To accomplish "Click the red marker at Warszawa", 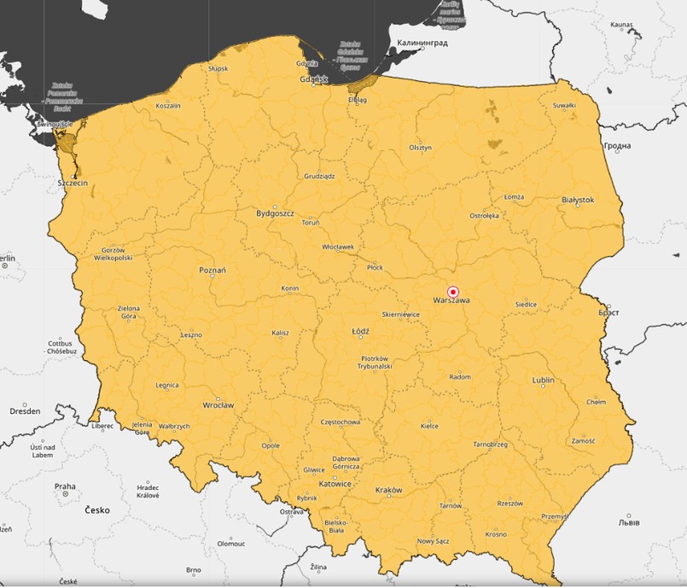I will (453, 291).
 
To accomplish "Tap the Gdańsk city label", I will (314, 79).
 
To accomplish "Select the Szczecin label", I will (73, 183).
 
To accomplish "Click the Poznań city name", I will (213, 271).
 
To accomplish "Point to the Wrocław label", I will (218, 405).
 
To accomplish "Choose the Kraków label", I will (388, 491).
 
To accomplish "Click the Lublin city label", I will (543, 380).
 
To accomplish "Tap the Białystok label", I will (578, 200).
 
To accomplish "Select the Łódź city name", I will (360, 331).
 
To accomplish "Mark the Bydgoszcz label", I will (276, 213).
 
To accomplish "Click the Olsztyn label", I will (420, 148).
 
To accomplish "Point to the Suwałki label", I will (564, 106).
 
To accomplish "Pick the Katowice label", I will (335, 484).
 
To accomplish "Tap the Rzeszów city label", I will (509, 504).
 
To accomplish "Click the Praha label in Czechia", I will (65, 487).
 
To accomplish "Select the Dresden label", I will (25, 410).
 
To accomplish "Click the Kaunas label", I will (621, 26).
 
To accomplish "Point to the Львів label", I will (632, 521).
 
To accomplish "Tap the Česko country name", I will (97, 510).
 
